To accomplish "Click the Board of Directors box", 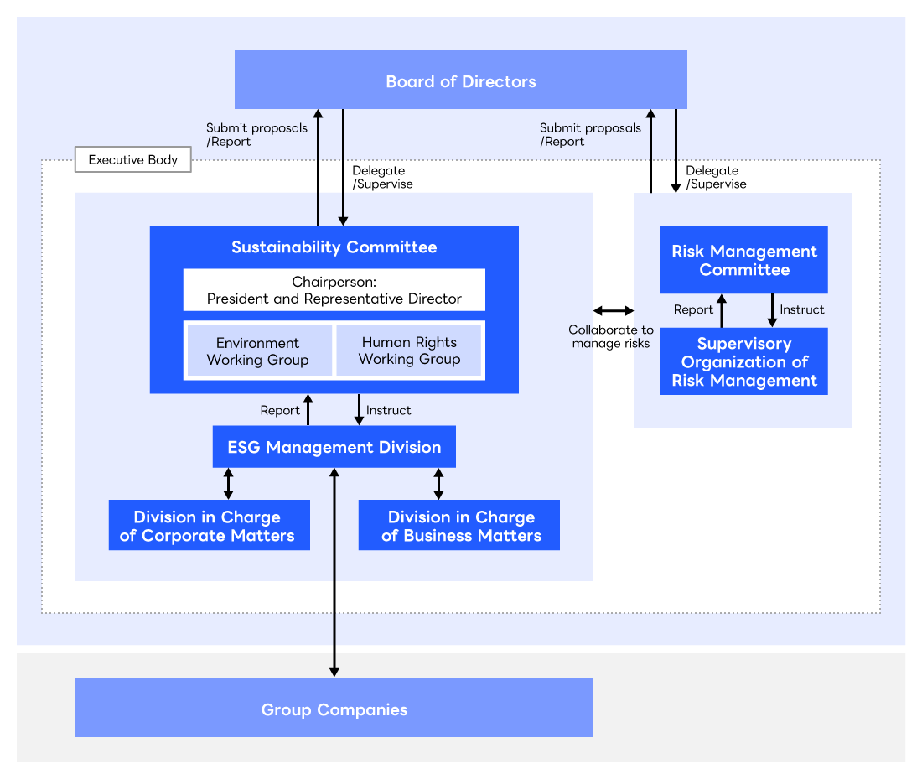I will [460, 80].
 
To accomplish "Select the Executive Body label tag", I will [132, 160].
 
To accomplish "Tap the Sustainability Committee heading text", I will [334, 247].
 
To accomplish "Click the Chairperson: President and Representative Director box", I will [334, 290].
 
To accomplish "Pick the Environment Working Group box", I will [258, 351].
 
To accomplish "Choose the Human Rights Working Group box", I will [409, 351].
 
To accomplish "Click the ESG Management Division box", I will [334, 447].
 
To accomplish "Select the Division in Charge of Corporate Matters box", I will [209, 526].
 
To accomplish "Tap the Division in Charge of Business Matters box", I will [459, 526].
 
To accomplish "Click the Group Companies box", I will [334, 709].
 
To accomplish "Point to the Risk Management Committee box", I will [743, 260].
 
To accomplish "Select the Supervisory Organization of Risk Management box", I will [743, 361].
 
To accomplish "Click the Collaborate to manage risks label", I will [610, 336].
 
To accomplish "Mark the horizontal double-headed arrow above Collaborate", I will [614, 311].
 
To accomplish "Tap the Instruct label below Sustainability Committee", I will [389, 410].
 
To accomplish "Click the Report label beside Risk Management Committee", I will [693, 309].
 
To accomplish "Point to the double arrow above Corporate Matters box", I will [228, 484].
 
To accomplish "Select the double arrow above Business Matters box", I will [438, 484].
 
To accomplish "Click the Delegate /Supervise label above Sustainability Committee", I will [382, 177].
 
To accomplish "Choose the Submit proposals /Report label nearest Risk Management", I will [590, 134].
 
